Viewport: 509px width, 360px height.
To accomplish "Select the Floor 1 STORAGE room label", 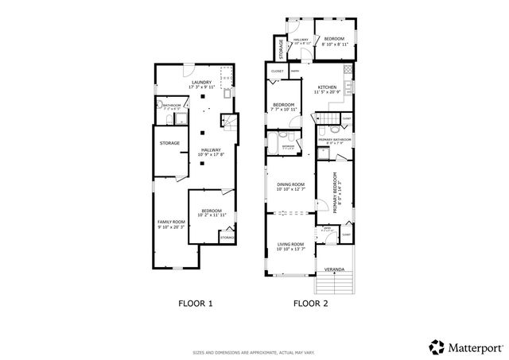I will click(169, 143).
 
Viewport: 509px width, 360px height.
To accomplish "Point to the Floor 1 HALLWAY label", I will click(211, 149).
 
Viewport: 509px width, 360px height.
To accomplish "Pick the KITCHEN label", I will click(328, 87).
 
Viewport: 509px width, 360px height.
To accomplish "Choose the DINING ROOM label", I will click(290, 184).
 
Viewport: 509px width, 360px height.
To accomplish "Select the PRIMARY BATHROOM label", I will click(336, 140).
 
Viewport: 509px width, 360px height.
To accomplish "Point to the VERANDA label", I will click(334, 269).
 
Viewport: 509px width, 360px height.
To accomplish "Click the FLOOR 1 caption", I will click(194, 303).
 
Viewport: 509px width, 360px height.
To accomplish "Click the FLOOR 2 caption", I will click(310, 303).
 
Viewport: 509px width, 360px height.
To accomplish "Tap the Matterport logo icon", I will click(436, 346).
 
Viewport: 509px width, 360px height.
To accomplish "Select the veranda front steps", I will click(334, 285).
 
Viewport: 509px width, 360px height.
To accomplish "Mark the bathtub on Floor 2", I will click(273, 146).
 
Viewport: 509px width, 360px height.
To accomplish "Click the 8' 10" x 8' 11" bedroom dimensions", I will click(334, 44).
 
